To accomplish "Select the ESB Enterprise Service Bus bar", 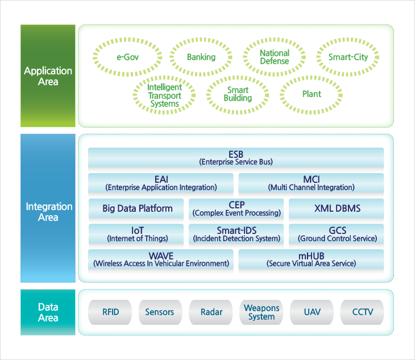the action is click(x=236, y=157).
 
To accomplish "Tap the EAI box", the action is click(x=161, y=183).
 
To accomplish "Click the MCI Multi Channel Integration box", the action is click(x=311, y=183).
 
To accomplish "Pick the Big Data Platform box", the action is click(x=136, y=208).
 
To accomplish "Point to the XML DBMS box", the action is click(x=336, y=208).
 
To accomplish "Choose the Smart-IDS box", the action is click(x=236, y=234).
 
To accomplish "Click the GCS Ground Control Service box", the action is click(x=336, y=234).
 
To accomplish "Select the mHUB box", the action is click(x=311, y=259).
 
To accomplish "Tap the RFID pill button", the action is click(x=110, y=312).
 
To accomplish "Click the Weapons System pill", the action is click(x=262, y=312).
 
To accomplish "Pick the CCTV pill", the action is click(x=362, y=312).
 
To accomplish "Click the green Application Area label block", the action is click(x=48, y=76).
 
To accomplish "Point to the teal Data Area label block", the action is click(x=48, y=312).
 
